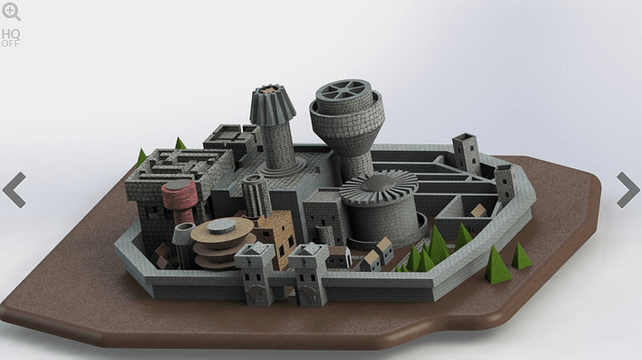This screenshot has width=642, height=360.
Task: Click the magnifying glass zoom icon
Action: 11,11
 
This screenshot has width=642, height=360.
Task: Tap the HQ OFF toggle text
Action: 10,38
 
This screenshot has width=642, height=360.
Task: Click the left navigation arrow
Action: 14,190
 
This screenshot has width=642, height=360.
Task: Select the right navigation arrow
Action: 628,190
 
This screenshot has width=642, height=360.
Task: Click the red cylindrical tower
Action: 180,200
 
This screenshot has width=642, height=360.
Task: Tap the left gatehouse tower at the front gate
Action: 255,273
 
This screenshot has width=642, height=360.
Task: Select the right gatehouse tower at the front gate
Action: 309,273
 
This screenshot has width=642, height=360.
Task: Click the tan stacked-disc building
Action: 222,243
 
